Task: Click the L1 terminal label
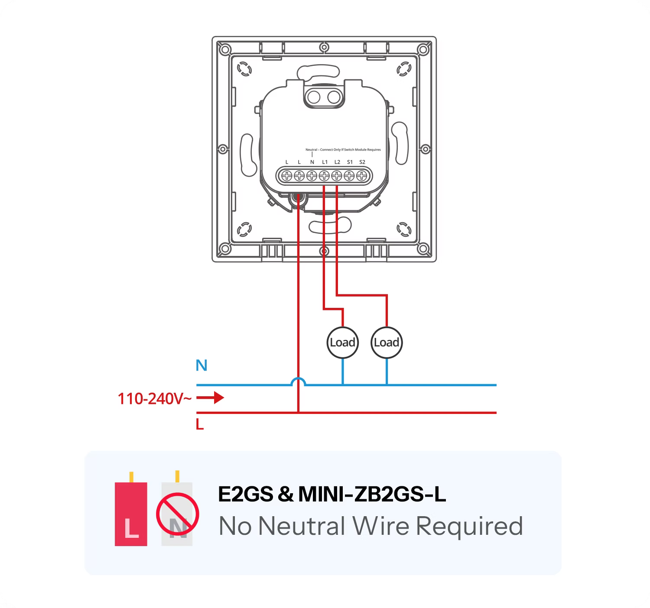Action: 325,162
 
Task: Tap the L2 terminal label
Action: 337,162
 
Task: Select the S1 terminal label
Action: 350,162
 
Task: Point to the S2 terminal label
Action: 362,162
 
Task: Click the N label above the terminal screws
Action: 312,162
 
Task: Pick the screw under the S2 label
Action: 362,176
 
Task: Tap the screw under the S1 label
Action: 349,176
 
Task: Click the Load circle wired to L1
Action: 343,343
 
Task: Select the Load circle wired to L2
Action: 387,343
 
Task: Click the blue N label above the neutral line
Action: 201,365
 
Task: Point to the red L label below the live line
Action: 200,424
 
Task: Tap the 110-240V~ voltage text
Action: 154,398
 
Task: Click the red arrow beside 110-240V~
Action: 210,398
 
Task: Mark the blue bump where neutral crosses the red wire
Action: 299,382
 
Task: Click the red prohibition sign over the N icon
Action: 178,514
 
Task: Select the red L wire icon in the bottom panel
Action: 131,508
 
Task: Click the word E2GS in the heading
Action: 245,494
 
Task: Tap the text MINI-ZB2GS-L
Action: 372,494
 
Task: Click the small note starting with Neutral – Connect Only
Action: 343,149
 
